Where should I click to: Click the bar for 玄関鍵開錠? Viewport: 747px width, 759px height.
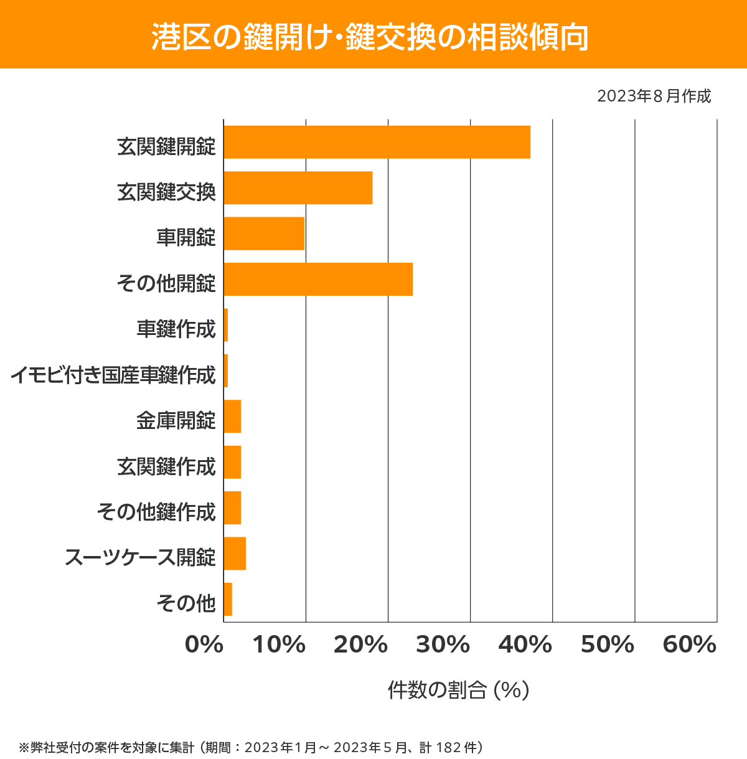tap(377, 142)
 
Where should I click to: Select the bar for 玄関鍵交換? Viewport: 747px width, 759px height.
tap(298, 187)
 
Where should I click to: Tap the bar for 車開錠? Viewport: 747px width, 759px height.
tap(264, 233)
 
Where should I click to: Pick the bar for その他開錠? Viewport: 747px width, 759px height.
tap(318, 279)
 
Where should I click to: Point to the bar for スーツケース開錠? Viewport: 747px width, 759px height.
tap(235, 553)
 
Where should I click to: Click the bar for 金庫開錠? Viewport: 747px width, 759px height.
tap(232, 416)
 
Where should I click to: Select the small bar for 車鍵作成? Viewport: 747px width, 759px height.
tap(226, 325)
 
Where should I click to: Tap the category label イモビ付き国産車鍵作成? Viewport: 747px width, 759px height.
tap(113, 375)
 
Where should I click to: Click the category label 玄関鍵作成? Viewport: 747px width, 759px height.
tap(166, 466)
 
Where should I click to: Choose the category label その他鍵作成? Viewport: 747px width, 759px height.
tap(156, 512)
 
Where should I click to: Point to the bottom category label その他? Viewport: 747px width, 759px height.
tap(186, 603)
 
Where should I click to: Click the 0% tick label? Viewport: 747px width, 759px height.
tap(204, 645)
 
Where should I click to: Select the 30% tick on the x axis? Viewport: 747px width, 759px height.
tap(443, 645)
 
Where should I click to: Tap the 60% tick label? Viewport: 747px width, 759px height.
tap(690, 645)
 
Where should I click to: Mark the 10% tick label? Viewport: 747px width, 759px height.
tap(279, 645)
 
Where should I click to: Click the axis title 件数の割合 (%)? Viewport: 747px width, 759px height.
tap(458, 690)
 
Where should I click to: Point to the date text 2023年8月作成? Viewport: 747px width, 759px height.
tap(654, 96)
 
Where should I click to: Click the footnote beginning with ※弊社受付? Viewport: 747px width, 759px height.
tap(251, 747)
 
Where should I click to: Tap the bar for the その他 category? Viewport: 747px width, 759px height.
tap(228, 599)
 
